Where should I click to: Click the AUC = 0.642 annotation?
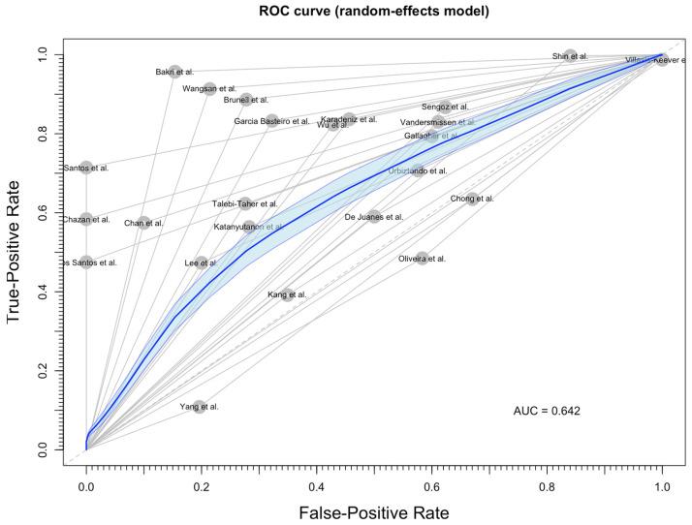pyautogui.click(x=547, y=411)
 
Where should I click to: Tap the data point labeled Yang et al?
pyautogui.click(x=200, y=407)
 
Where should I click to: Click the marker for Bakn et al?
pyautogui.click(x=175, y=72)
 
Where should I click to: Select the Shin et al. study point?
pyautogui.click(x=571, y=56)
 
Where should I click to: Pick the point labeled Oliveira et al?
pyautogui.click(x=422, y=259)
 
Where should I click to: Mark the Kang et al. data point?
pyautogui.click(x=287, y=293)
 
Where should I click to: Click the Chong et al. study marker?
pyautogui.click(x=472, y=199)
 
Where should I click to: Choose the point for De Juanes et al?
pyautogui.click(x=374, y=217)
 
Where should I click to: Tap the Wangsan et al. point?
pyautogui.click(x=209, y=89)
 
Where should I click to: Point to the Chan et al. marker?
pyautogui.click(x=144, y=223)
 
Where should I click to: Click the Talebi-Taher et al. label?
pyautogui.click(x=245, y=204)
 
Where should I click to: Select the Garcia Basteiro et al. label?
pyautogui.click(x=272, y=121)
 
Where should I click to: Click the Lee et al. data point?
pyautogui.click(x=201, y=262)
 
